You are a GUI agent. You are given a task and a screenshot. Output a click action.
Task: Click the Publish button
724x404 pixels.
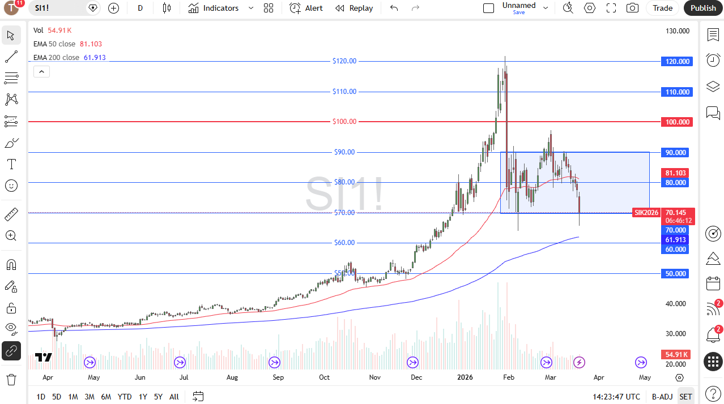[703, 8]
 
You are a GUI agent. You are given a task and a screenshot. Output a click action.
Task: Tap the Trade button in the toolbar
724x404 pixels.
[662, 8]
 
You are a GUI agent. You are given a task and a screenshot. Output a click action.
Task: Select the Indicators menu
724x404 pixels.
[214, 8]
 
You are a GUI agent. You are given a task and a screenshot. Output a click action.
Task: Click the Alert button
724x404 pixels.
[306, 8]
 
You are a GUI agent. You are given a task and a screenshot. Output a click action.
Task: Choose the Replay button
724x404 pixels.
[354, 8]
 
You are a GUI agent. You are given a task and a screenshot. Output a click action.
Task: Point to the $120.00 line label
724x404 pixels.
[344, 61]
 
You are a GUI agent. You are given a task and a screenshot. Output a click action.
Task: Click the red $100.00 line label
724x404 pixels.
[344, 122]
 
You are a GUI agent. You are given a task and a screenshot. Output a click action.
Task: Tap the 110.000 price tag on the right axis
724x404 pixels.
[677, 92]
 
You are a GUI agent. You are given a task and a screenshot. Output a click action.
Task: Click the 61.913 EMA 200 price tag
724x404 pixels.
[675, 240]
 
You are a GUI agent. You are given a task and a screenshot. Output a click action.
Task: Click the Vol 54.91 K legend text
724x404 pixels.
[52, 31]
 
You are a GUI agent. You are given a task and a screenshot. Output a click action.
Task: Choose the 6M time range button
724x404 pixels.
[106, 397]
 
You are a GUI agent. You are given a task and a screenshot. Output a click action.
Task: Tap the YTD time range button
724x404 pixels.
[125, 397]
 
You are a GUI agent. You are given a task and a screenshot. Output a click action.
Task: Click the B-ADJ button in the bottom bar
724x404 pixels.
[662, 397]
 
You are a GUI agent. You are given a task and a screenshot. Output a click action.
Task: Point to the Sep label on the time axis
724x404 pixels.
[278, 377]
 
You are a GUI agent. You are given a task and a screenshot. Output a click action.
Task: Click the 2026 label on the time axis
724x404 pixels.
[465, 377]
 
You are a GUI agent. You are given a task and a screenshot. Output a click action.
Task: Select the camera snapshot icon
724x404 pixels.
[632, 8]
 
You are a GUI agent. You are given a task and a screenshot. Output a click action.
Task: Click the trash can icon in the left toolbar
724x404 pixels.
[11, 379]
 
